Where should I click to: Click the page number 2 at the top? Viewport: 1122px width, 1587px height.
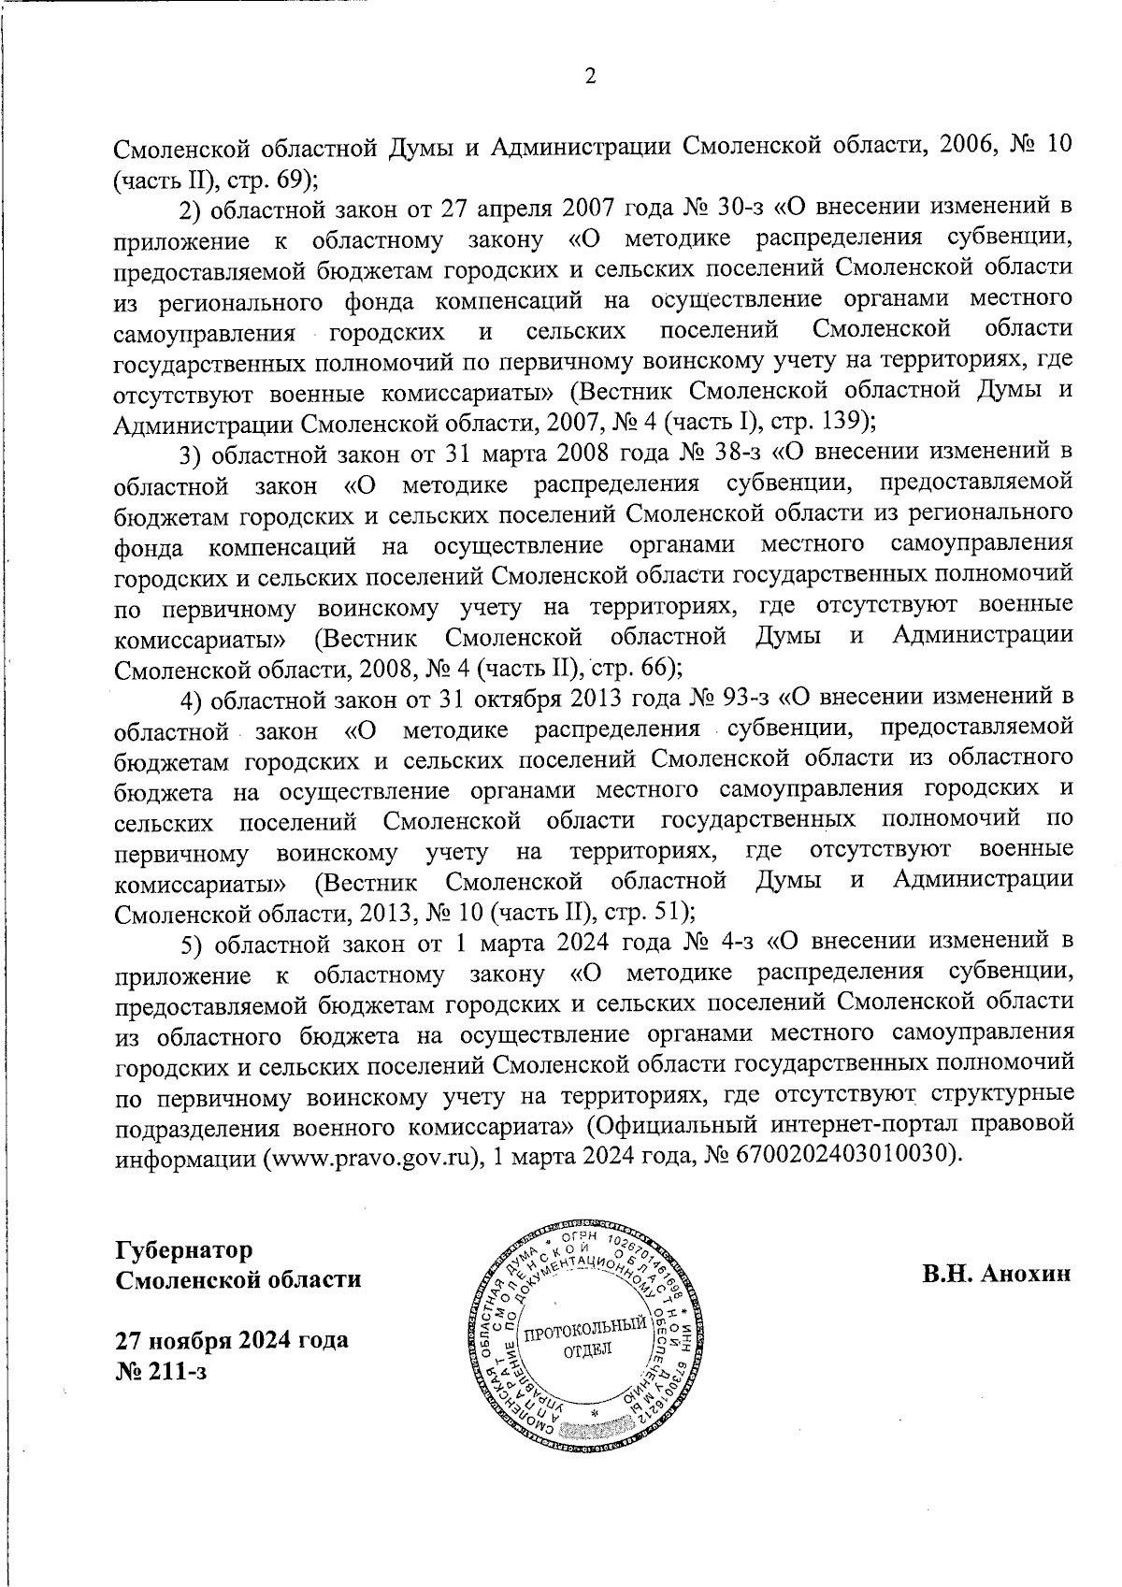(590, 78)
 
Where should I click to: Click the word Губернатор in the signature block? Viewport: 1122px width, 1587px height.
(184, 1250)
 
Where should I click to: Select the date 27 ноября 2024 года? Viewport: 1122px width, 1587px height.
(231, 1339)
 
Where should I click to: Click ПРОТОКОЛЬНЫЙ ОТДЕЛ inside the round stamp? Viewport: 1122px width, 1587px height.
(585, 1339)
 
